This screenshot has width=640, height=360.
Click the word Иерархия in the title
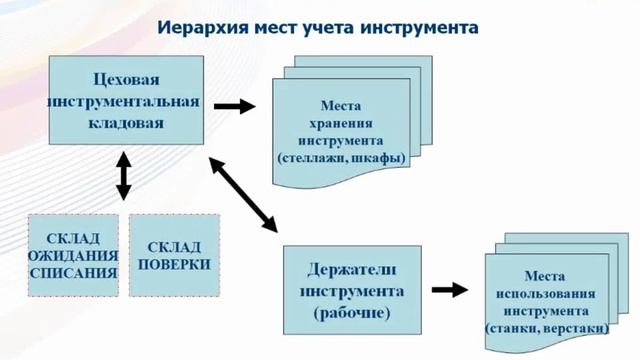[x=208, y=27]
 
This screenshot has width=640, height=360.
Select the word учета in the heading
[x=331, y=27]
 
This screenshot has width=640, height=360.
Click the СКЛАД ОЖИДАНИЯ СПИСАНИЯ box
[x=73, y=255]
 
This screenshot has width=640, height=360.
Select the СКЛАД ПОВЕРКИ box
[x=175, y=255]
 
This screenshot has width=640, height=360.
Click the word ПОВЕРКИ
[x=175, y=264]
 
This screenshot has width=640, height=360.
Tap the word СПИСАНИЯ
[x=73, y=272]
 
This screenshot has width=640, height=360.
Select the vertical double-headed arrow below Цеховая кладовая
[x=124, y=175]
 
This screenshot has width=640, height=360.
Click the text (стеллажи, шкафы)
[x=340, y=158]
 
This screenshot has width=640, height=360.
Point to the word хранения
[x=340, y=123]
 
